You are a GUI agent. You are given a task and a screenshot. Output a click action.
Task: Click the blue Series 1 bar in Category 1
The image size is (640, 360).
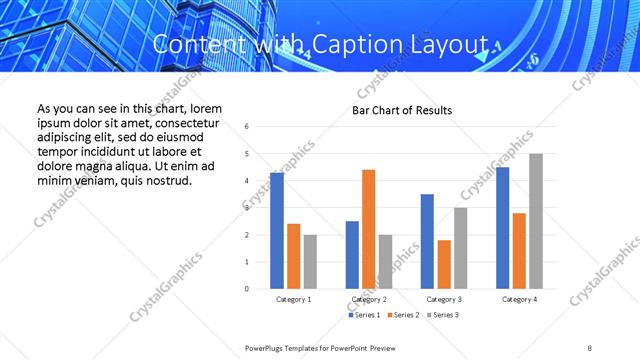coord(276,231)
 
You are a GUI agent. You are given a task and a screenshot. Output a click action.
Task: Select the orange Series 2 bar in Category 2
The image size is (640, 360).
coord(368,229)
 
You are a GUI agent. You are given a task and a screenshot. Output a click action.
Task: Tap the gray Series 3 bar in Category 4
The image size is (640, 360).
coord(536,221)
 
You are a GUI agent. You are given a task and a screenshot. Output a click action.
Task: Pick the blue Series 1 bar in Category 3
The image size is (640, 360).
coord(427,241)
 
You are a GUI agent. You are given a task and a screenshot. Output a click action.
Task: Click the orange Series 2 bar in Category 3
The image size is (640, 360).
coord(444,264)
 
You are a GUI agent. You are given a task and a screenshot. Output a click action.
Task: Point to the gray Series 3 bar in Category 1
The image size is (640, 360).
coord(310,262)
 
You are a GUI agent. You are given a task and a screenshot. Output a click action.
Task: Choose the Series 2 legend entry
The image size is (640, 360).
coord(402,315)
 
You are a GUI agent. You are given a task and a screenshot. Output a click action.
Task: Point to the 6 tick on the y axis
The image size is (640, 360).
coord(247,127)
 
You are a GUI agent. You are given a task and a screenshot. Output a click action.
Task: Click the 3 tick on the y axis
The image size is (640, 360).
coord(247,208)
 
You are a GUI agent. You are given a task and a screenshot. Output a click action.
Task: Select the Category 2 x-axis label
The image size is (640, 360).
coord(368,299)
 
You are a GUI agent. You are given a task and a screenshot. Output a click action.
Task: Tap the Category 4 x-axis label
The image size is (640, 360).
coord(519,299)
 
